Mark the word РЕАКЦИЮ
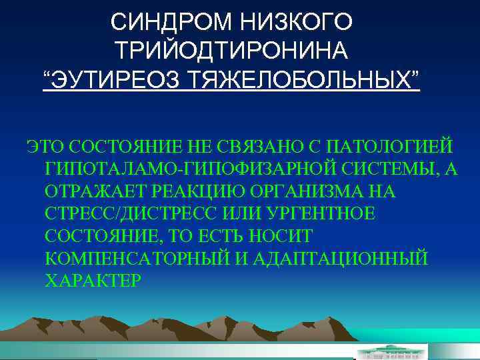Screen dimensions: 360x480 [x=207, y=192]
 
